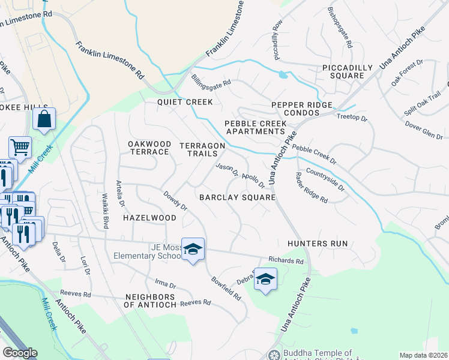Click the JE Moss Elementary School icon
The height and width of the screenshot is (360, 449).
click(193, 249)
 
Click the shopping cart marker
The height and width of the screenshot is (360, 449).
click(20, 147)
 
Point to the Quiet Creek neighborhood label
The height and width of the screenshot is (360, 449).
click(185, 102)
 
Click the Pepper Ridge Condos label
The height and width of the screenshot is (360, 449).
click(301, 105)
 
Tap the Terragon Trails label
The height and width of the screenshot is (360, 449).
click(202, 150)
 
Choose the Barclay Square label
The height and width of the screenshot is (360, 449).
click(237, 197)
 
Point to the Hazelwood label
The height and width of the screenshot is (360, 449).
click(149, 218)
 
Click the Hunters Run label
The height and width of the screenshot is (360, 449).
click(318, 244)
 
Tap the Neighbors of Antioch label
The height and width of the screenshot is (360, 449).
click(150, 301)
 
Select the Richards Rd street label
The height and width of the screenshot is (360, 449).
click(286, 261)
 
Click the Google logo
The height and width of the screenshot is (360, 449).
click(20, 353)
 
